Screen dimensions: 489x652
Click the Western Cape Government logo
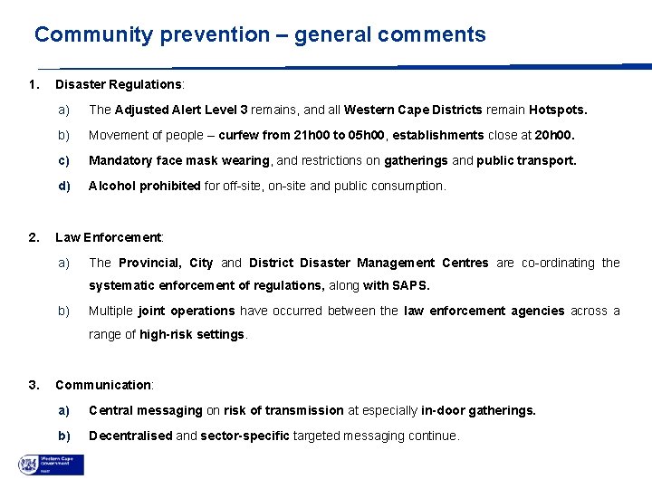pyautogui.click(x=51, y=465)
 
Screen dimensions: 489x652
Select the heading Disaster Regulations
pyautogui.click(x=119, y=84)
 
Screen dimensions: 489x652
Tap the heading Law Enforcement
pyautogui.click(x=109, y=237)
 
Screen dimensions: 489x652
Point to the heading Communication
pyautogui.click(x=104, y=385)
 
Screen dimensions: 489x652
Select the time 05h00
pyautogui.click(x=368, y=136)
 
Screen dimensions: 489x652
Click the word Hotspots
pyautogui.click(x=558, y=110)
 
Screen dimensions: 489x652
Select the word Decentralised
pyautogui.click(x=130, y=436)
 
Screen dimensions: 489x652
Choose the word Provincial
pyautogui.click(x=149, y=263)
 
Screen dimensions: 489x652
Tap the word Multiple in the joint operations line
pyautogui.click(x=110, y=311)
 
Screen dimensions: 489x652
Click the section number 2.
pyautogui.click(x=33, y=237)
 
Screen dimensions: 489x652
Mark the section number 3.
pyautogui.click(x=33, y=385)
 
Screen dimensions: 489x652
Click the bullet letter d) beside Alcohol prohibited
pyautogui.click(x=64, y=186)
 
